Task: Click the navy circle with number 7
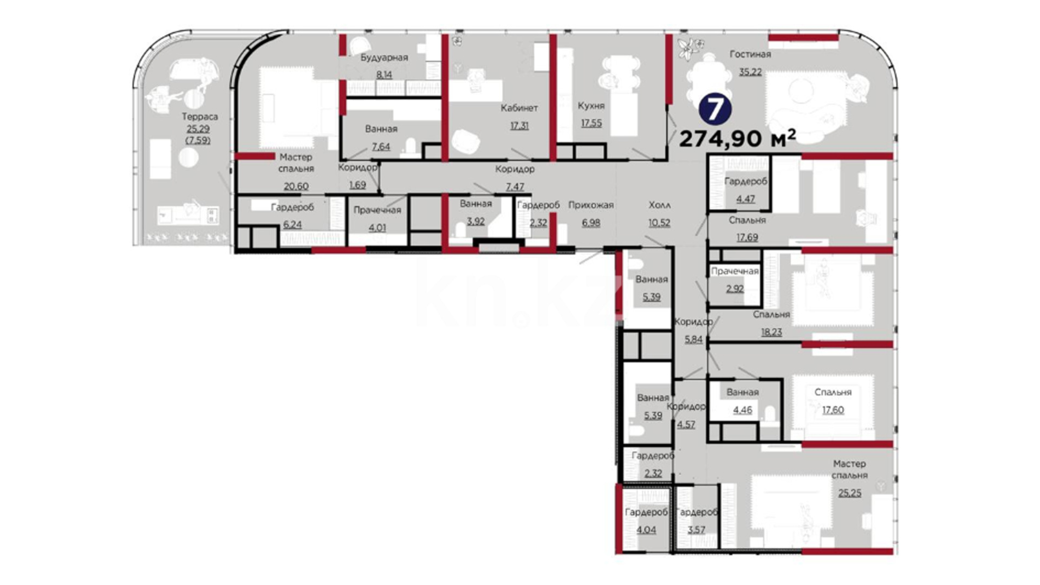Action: click(x=714, y=109)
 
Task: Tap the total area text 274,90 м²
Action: click(x=737, y=139)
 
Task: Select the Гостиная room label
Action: click(x=750, y=54)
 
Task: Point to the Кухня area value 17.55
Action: click(x=591, y=123)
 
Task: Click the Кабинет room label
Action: click(x=519, y=108)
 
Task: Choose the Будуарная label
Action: click(x=384, y=57)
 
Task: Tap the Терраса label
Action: click(x=199, y=116)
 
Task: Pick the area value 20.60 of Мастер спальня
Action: click(x=296, y=186)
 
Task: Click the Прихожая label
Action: click(x=591, y=205)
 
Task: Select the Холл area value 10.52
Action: click(x=659, y=222)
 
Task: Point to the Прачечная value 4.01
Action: click(x=377, y=227)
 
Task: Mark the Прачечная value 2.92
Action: click(x=735, y=288)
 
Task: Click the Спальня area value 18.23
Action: click(x=771, y=331)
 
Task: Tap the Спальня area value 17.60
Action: click(x=833, y=409)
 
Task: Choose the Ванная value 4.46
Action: click(x=743, y=409)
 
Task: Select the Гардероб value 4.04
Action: click(x=646, y=529)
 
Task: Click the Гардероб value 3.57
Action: click(x=697, y=529)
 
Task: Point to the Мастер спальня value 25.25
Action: click(x=849, y=492)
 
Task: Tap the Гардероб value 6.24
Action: click(x=292, y=224)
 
